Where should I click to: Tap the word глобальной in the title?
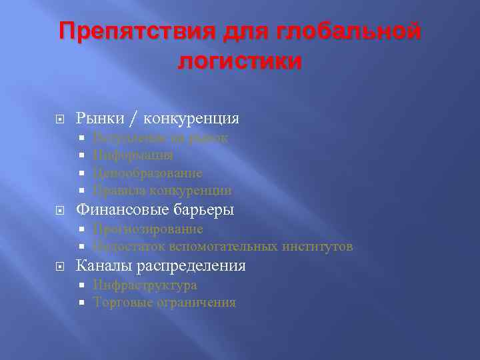click(x=351, y=31)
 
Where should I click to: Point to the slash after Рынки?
click(x=135, y=119)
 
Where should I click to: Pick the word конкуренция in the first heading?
click(x=193, y=119)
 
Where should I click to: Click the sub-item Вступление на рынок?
click(x=160, y=138)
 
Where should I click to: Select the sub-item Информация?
click(x=133, y=155)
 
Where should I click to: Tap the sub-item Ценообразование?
click(x=147, y=173)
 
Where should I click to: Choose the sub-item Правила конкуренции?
click(x=163, y=191)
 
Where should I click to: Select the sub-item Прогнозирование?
click(x=148, y=229)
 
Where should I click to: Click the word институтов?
click(x=317, y=247)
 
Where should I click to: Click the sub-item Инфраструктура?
click(x=145, y=285)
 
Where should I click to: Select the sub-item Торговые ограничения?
click(x=165, y=303)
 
